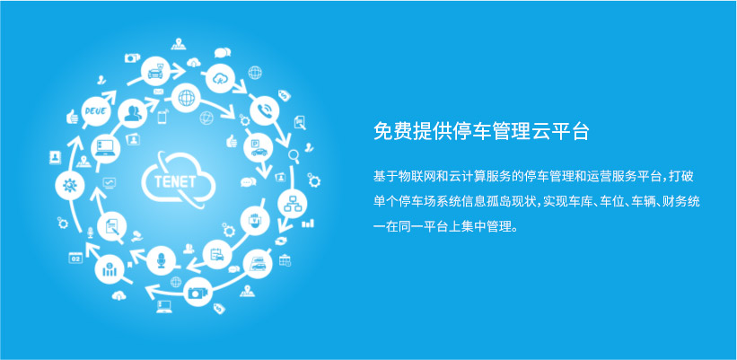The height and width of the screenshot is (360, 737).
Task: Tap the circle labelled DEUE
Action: click(96, 112)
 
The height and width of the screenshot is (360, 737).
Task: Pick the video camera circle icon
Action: click(197, 292)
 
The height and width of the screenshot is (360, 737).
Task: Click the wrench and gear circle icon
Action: click(69, 185)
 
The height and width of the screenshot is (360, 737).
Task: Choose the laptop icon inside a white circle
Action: click(105, 148)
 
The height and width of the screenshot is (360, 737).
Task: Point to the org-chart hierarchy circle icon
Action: click(292, 204)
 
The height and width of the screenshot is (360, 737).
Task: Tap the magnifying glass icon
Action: click(294, 155)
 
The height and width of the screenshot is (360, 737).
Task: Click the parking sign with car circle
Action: click(259, 147)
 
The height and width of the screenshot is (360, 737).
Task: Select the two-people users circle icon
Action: click(133, 113)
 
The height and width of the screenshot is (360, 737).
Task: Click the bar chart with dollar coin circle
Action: click(110, 269)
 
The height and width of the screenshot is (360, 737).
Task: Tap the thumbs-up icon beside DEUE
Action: click(72, 117)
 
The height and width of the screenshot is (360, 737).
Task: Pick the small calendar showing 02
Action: click(75, 258)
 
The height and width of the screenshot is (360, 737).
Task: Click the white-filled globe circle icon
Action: click(186, 98)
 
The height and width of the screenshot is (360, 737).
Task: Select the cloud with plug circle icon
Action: click(220, 78)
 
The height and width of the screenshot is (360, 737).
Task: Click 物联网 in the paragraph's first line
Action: click(417, 177)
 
